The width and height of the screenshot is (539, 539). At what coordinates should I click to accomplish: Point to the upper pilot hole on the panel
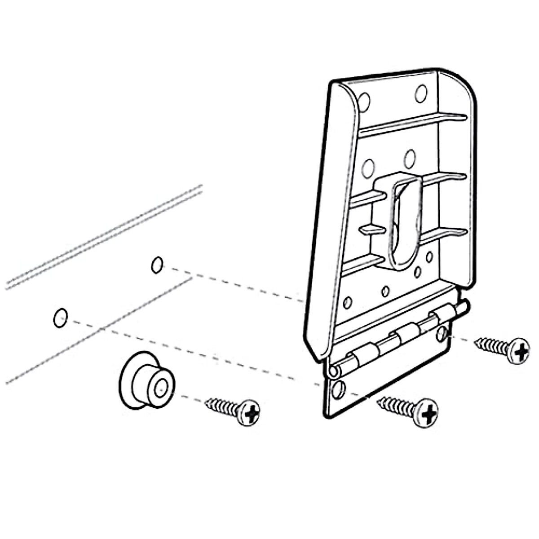157,265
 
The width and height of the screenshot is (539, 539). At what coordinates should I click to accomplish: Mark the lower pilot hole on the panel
60,318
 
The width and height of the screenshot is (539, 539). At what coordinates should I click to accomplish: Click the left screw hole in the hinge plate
339,389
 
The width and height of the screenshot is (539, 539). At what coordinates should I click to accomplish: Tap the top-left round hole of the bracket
364,102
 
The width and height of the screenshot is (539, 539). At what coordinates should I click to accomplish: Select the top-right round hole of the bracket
421,93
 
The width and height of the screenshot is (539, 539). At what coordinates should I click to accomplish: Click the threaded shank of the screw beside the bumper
221,406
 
